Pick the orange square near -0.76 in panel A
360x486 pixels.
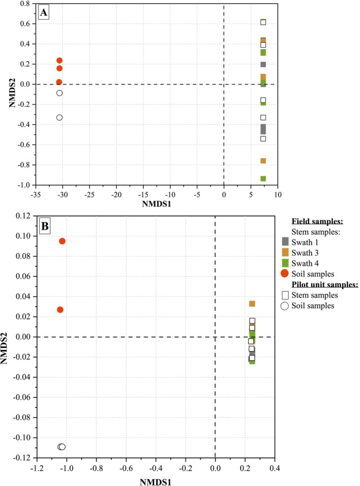tap(263, 161)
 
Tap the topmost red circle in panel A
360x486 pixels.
tap(59, 60)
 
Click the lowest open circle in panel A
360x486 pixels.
tap(59, 117)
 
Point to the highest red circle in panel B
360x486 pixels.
tap(62, 241)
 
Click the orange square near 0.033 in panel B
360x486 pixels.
tap(252, 304)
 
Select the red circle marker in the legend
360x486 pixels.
tap(285, 273)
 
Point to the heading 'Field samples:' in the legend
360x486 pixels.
tap(309, 221)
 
